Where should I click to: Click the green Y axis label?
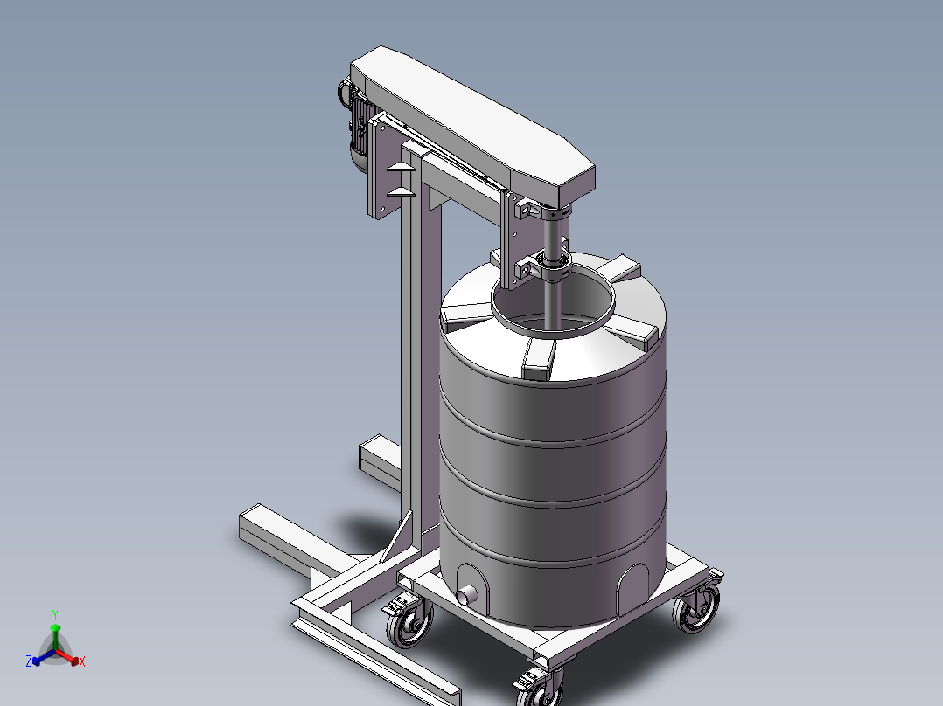[55, 614]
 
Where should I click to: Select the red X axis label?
[82, 661]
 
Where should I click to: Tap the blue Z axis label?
[29, 661]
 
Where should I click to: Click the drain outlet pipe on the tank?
[467, 596]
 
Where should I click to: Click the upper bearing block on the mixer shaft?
[544, 211]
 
